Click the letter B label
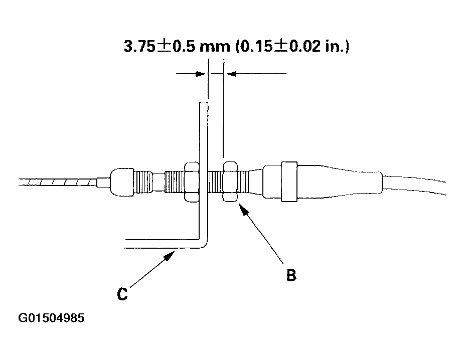(x=291, y=275)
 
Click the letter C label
(x=122, y=294)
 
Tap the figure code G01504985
(x=51, y=318)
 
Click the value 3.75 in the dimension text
(x=139, y=46)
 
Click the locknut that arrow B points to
(x=230, y=182)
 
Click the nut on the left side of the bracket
(x=192, y=182)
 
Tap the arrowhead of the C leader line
(x=170, y=255)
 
